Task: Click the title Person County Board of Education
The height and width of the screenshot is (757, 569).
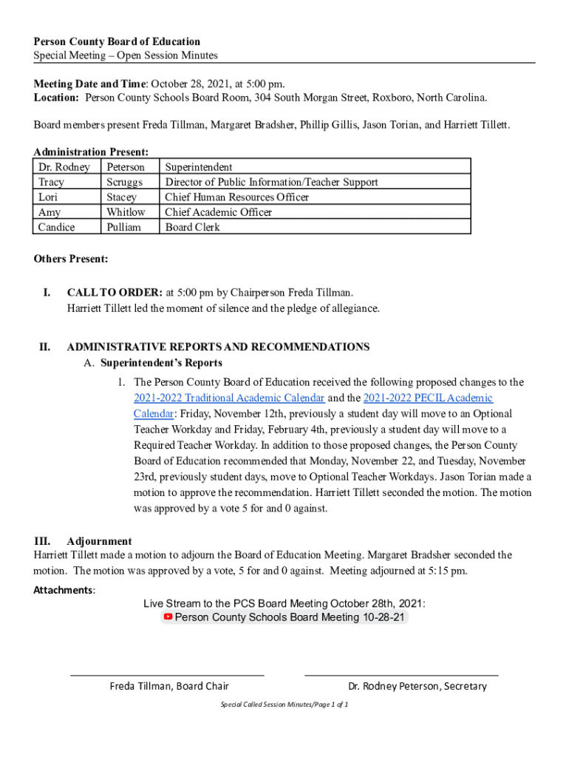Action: [x=117, y=41]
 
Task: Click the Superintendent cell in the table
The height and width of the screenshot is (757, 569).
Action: [x=199, y=167]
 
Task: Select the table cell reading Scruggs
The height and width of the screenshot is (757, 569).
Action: [x=124, y=182]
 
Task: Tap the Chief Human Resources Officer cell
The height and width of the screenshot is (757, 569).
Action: [x=236, y=197]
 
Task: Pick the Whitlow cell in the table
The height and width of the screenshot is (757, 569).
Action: [x=126, y=212]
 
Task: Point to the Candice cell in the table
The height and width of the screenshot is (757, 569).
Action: [x=56, y=227]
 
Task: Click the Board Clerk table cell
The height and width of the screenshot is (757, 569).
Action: [x=192, y=227]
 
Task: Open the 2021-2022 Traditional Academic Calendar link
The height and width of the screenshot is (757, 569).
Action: [x=229, y=398]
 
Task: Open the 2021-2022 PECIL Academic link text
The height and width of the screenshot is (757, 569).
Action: [x=428, y=398]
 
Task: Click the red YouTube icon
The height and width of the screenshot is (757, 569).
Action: [x=168, y=617]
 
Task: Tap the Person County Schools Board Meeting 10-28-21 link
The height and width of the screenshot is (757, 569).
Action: [x=290, y=617]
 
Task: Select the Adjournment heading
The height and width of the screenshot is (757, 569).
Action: [x=99, y=541]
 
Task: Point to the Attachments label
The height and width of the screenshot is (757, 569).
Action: [x=64, y=590]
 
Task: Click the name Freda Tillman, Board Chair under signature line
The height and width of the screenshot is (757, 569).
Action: [x=169, y=686]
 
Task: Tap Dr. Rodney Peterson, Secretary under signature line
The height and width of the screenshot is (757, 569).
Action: [x=418, y=686]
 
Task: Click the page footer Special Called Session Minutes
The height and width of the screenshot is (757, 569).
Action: [x=284, y=705]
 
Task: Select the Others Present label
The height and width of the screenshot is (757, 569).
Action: [x=71, y=259]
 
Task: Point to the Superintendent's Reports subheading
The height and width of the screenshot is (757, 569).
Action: [x=161, y=363]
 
